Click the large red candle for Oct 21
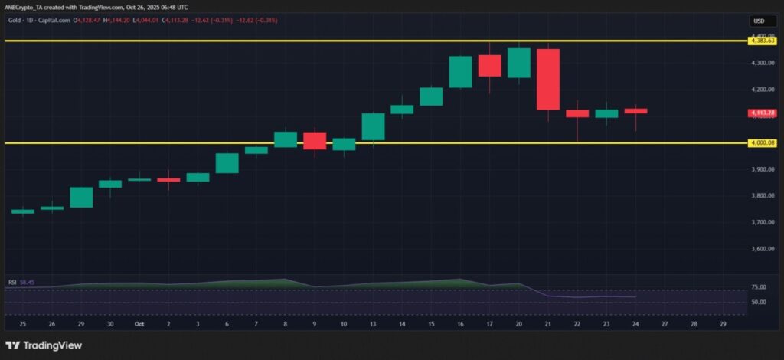pyautogui.click(x=548, y=79)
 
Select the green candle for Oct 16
pyautogui.click(x=460, y=72)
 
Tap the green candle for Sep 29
pyautogui.click(x=81, y=197)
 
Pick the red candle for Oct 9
pyautogui.click(x=315, y=140)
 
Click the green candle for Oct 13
pyautogui.click(x=373, y=126)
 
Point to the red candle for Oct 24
pyautogui.click(x=635, y=111)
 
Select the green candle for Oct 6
pyautogui.click(x=227, y=162)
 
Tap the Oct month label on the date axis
pyautogui.click(x=139, y=324)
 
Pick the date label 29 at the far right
pyautogui.click(x=724, y=324)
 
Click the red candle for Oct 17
pyautogui.click(x=489, y=66)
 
